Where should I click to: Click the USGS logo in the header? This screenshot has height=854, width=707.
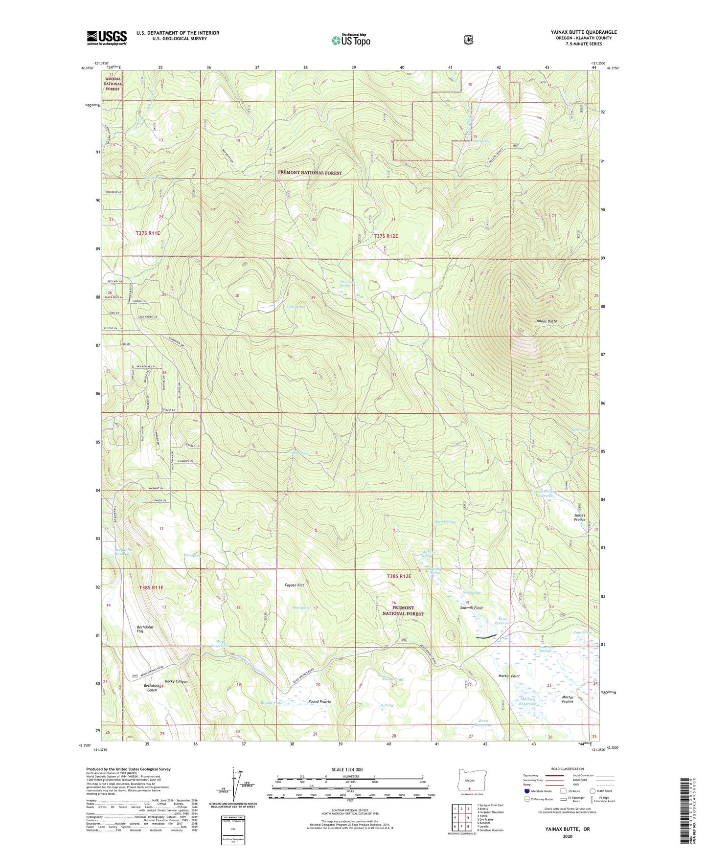(x=107, y=38)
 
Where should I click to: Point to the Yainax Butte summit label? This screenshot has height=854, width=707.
(x=546, y=321)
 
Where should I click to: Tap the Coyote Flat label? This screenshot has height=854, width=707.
(x=295, y=585)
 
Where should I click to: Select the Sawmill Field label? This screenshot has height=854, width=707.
(x=471, y=607)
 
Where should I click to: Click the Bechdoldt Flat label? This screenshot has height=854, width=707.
(x=147, y=629)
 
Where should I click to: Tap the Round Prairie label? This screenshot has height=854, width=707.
(x=319, y=701)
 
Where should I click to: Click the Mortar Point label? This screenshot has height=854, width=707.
(x=508, y=676)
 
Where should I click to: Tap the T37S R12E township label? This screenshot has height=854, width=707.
(x=386, y=236)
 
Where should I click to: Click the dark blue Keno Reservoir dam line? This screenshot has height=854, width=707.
(x=486, y=637)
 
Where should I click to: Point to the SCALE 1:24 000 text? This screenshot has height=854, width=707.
(x=347, y=769)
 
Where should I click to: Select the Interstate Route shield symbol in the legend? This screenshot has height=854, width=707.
(x=526, y=790)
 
